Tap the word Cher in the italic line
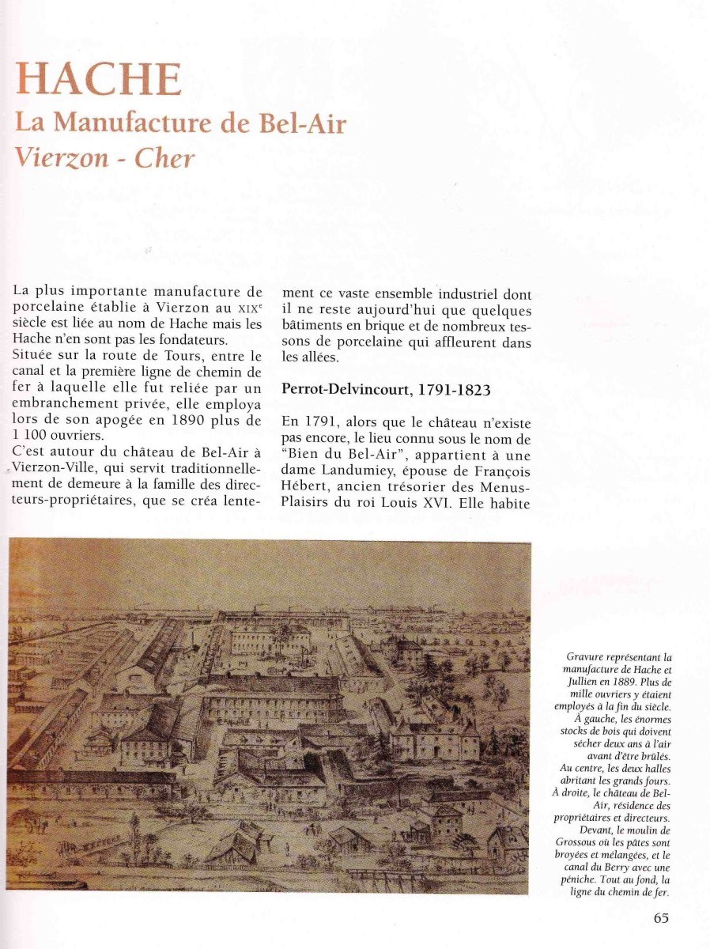[x=164, y=158]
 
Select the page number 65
[x=662, y=918]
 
